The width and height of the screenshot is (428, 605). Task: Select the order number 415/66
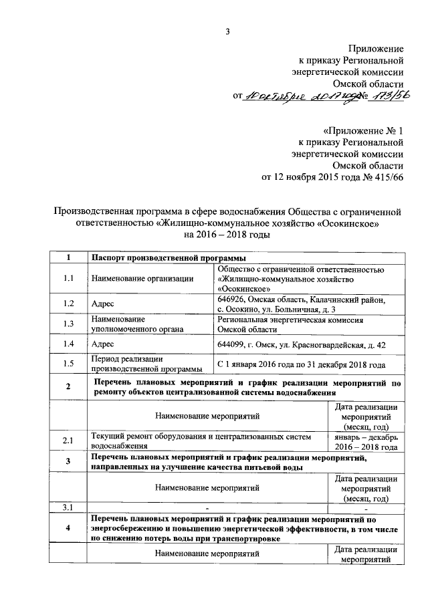point(388,177)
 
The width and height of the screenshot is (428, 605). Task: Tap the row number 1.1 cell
point(68,278)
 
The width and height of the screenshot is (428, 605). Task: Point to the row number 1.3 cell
point(68,324)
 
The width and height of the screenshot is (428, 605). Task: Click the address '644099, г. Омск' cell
point(300,344)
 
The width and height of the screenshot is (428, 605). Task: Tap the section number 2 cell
point(68,387)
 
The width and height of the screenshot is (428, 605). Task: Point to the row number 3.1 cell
point(68,508)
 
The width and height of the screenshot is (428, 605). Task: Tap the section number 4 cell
point(68,528)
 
